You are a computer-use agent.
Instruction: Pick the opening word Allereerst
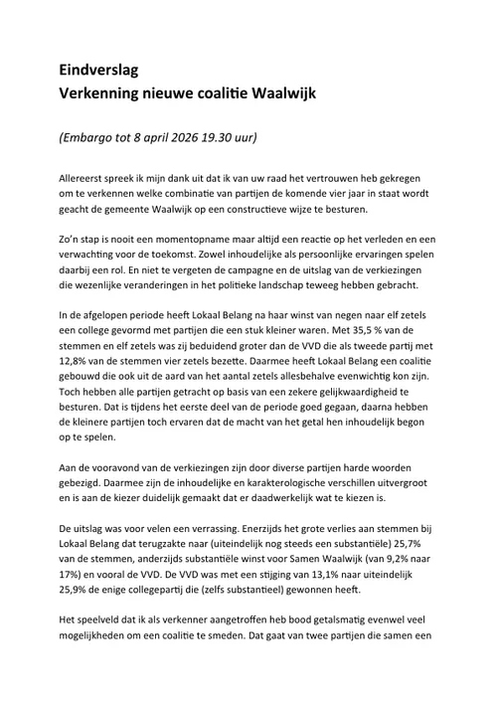[87, 175]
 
